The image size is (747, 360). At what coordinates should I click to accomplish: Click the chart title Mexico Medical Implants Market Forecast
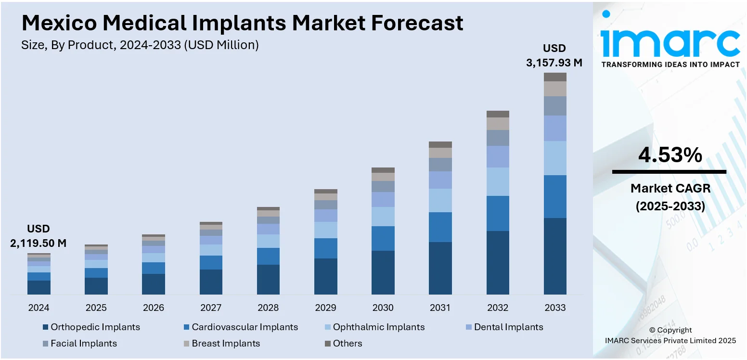pos(242,23)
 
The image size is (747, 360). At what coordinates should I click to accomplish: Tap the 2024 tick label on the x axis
pos(39,308)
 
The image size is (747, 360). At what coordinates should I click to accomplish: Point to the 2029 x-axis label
pos(325,308)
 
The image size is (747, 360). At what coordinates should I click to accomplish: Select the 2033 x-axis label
pos(555,308)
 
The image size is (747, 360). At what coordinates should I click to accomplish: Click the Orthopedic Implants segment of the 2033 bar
pos(555,256)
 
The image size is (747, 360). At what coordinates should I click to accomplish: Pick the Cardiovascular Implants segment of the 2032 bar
pos(498,213)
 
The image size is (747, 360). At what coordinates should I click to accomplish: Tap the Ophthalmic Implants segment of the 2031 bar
pos(440,200)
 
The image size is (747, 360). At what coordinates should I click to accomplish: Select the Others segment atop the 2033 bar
pos(555,77)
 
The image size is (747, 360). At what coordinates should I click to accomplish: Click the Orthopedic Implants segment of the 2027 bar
pos(211,282)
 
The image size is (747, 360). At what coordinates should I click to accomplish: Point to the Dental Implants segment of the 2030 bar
pos(383,199)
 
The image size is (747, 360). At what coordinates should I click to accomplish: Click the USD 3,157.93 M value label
pos(554,56)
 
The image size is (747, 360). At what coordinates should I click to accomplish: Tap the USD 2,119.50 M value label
pos(39,236)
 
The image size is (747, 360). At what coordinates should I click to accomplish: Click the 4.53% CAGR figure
pos(670,155)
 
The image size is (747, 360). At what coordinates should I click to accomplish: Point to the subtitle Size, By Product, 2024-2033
pos(140,45)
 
